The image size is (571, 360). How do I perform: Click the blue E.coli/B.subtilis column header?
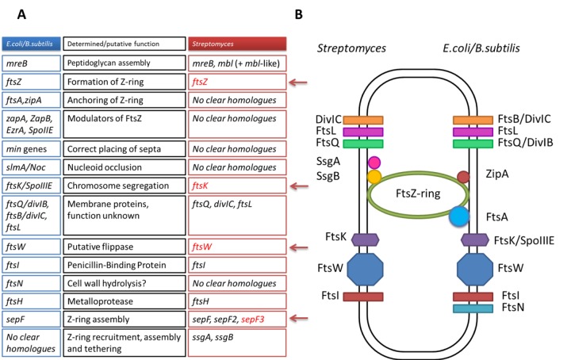click(x=29, y=44)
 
